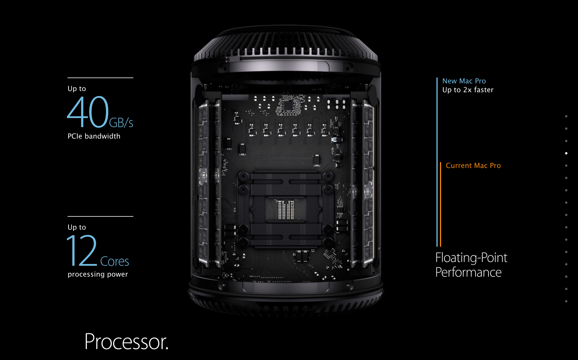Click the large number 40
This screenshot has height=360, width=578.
pos(88,112)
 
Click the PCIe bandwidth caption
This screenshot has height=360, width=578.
pos(94,136)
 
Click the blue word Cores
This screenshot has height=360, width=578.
pos(115,261)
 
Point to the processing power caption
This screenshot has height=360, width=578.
pos(98,274)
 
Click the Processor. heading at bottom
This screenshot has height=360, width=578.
pos(126,342)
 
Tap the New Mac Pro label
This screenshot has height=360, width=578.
pos(464,81)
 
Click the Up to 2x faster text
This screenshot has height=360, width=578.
pos(468,90)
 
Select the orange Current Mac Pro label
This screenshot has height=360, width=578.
pos(473,166)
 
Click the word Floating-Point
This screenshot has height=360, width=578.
pos(471,258)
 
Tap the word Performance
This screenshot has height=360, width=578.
pos(468,272)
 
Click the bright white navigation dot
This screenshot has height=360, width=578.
pos(566,153)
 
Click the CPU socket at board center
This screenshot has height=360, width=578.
pos(285,209)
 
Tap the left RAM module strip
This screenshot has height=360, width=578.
pos(204,182)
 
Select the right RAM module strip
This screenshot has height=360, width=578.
pos(367,182)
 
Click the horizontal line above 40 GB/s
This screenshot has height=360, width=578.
pos(100,78)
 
